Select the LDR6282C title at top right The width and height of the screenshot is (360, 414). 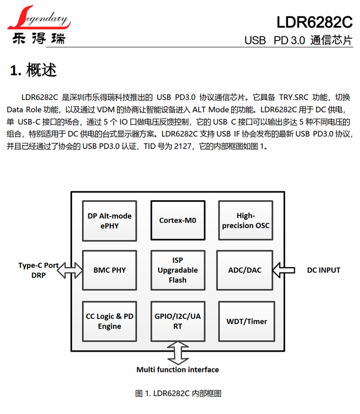(x=314, y=22)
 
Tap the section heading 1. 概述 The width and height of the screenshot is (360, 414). (x=34, y=71)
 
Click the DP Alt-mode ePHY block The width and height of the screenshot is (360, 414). (x=110, y=221)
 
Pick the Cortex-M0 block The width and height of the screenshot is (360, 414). (x=178, y=221)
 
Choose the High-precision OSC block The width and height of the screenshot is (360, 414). (x=245, y=221)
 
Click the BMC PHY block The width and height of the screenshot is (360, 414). (x=110, y=270)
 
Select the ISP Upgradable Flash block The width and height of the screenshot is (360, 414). (x=178, y=270)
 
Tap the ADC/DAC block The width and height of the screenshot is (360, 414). (x=245, y=270)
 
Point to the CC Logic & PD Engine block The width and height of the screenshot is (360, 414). (x=110, y=321)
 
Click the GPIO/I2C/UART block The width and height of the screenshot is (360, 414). (x=178, y=321)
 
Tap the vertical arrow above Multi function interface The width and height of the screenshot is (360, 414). (x=178, y=353)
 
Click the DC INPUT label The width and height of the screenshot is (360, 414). (x=323, y=270)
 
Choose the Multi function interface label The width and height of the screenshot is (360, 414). (x=178, y=370)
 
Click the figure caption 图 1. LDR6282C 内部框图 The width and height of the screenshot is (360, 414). (x=178, y=393)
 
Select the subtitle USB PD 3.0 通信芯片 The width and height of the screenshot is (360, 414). (x=298, y=40)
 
